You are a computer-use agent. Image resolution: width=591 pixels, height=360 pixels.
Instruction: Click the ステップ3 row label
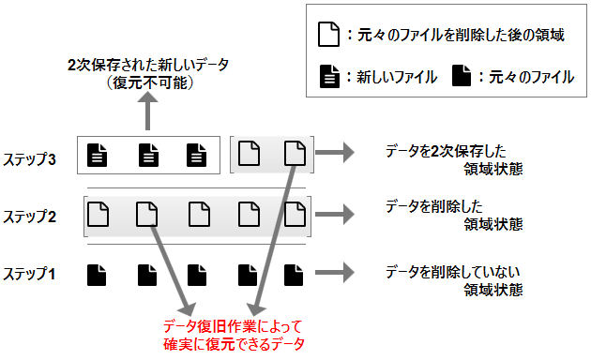[30, 158]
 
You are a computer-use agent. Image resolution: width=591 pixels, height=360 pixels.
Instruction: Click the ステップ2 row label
[30, 217]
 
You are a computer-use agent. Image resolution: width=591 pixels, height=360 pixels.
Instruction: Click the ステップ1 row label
[30, 275]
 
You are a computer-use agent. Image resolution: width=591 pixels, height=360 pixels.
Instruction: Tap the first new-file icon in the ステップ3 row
[97, 155]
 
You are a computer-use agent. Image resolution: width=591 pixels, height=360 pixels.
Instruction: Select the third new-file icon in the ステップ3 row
[196, 155]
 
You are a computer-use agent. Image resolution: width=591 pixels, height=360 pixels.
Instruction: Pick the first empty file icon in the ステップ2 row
[97, 215]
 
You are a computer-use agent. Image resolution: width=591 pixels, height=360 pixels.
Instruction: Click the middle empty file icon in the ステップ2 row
[197, 215]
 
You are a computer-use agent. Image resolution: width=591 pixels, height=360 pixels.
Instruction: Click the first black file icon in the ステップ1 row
[97, 275]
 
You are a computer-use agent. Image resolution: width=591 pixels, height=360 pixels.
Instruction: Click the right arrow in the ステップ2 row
[335, 215]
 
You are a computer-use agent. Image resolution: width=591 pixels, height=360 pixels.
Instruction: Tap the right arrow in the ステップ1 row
[335, 275]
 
